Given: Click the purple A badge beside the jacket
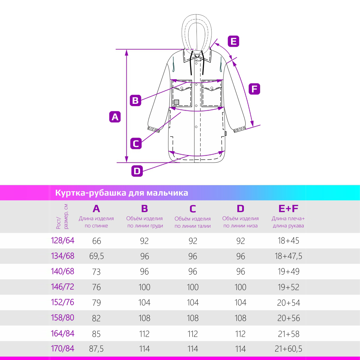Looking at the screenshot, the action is click(115, 117).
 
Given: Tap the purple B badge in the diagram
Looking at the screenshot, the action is click(135, 100).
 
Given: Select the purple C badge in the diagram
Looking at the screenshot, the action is click(136, 143).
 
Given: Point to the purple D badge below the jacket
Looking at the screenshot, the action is click(137, 171).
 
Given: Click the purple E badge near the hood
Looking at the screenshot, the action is click(233, 41).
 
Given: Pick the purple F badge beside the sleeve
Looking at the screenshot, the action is click(254, 89).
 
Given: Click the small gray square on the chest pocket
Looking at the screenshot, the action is click(176, 102).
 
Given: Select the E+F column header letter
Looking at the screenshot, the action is click(288, 209).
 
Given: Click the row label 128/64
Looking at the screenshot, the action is click(63, 241).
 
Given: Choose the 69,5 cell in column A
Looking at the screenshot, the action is click(96, 256).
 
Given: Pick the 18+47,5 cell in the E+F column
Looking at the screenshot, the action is click(288, 256).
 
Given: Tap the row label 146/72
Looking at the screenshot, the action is click(63, 287).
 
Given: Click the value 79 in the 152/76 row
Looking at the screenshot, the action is click(96, 303).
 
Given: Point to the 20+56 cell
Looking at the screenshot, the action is click(288, 318).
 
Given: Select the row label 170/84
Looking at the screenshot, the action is click(63, 349).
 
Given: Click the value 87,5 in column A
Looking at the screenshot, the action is click(96, 349).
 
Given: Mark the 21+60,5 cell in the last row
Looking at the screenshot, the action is click(288, 349).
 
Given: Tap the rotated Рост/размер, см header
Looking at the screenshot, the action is click(62, 217).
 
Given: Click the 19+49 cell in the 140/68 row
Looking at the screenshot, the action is click(288, 271).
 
